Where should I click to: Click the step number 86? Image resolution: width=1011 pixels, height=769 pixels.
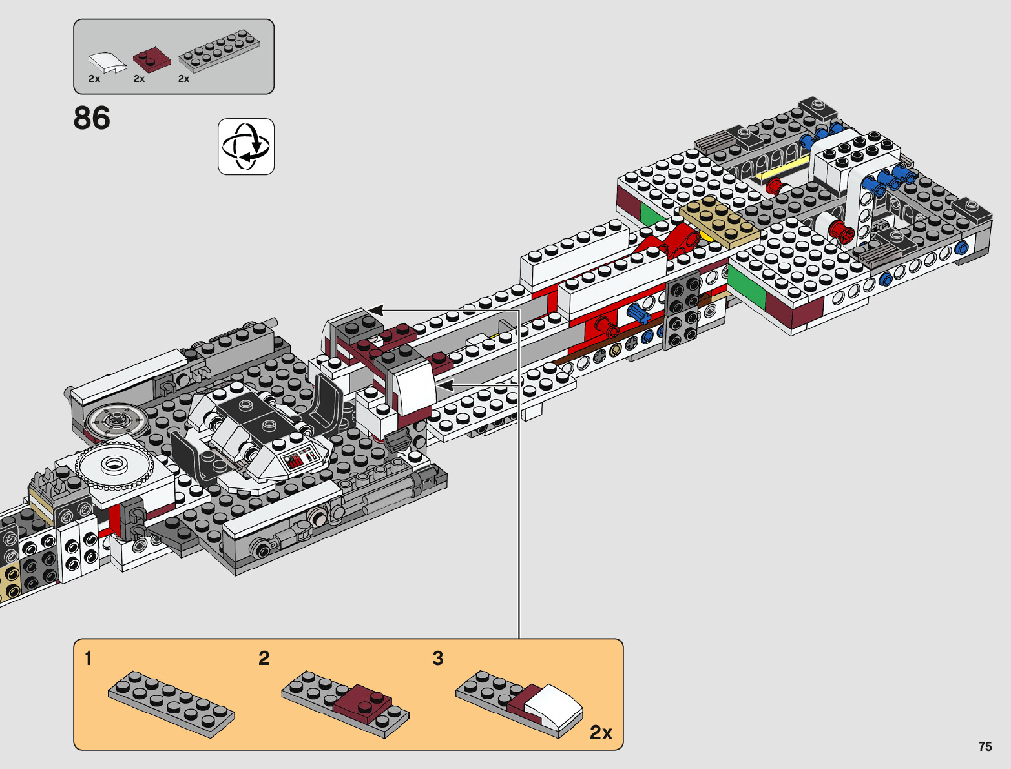click(x=92, y=118)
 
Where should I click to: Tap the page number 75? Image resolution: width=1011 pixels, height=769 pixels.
click(x=985, y=746)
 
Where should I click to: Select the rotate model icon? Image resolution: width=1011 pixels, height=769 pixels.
click(x=246, y=147)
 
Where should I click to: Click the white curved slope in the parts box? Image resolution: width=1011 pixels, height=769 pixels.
click(x=107, y=63)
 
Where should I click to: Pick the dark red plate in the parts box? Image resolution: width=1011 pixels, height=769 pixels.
click(x=152, y=61)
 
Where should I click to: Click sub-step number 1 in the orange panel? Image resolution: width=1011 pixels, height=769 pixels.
click(x=89, y=659)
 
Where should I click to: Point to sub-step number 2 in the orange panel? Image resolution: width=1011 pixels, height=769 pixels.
click(x=264, y=659)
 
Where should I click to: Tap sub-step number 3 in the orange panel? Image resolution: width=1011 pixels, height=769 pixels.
click(x=437, y=659)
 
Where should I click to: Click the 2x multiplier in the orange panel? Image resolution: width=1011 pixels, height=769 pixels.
click(x=601, y=732)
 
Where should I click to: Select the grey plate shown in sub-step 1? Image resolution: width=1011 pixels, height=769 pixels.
click(x=171, y=703)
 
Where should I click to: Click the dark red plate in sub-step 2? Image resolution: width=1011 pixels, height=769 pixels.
click(x=363, y=703)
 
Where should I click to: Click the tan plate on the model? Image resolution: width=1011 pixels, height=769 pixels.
click(x=718, y=220)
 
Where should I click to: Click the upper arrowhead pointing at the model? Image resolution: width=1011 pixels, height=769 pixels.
click(x=375, y=311)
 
